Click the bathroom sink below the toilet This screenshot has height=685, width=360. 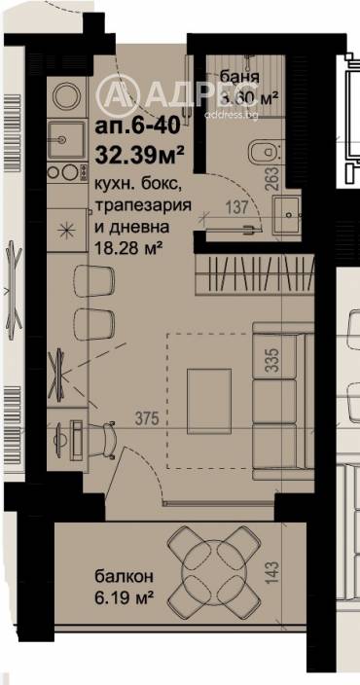point(287,212)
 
